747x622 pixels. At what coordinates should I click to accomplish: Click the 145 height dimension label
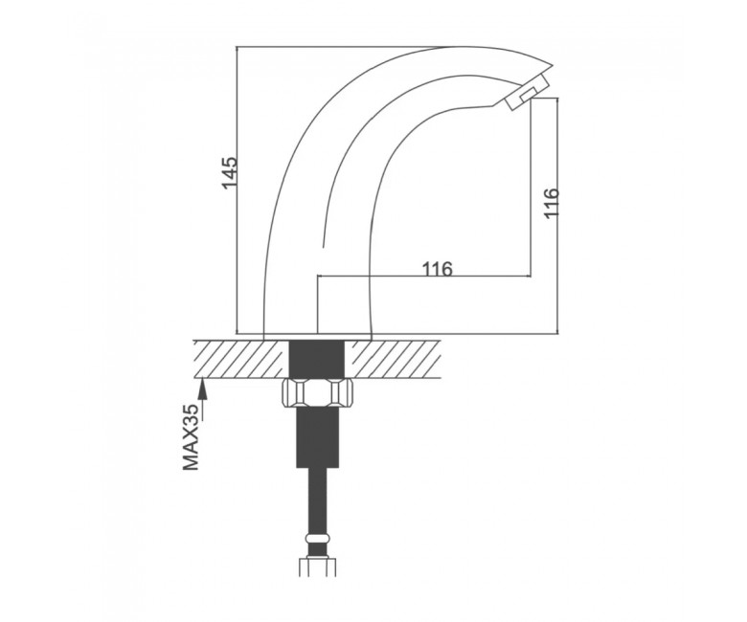[229, 172]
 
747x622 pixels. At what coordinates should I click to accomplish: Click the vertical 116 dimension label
[551, 203]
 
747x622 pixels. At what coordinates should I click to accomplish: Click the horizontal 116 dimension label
[437, 269]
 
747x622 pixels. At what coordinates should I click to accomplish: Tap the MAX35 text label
[191, 437]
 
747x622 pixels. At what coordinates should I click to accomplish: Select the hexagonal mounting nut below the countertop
[317, 393]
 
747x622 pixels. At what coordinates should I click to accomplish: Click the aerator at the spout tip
[526, 92]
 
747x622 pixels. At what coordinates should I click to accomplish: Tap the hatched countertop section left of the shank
[242, 359]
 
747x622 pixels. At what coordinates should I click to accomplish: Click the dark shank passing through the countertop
[318, 359]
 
